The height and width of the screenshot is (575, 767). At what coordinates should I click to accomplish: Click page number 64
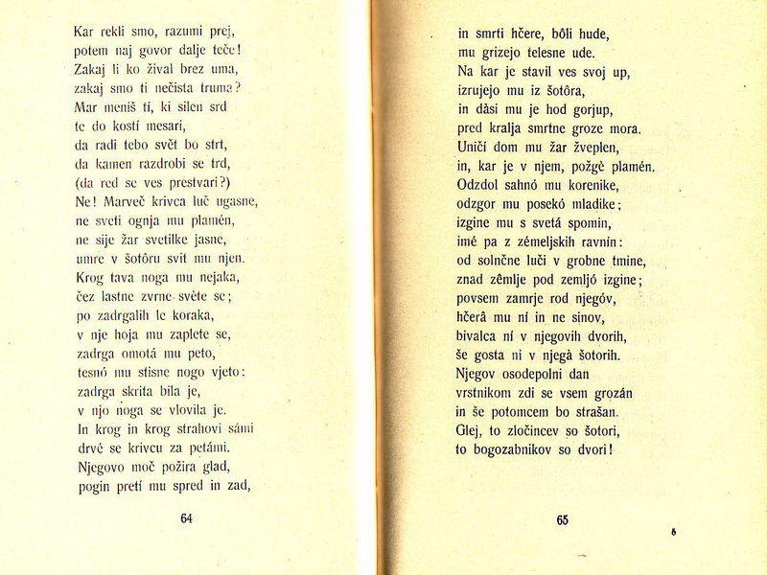point(186,518)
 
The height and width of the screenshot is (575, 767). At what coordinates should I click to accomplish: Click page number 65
point(562,520)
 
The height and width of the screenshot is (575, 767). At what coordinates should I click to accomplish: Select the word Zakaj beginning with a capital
point(92,69)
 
